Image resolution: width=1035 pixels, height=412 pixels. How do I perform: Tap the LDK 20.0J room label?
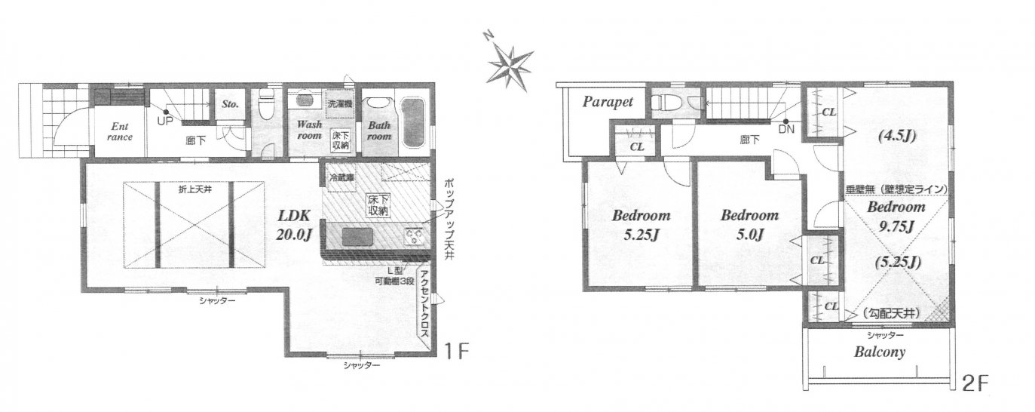pos(294,225)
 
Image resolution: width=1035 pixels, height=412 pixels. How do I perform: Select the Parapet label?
pos(607,102)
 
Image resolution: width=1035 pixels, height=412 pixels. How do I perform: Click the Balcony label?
pos(879,352)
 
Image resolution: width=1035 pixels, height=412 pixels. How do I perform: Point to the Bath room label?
pos(379,131)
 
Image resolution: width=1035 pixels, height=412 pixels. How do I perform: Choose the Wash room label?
pos(309,130)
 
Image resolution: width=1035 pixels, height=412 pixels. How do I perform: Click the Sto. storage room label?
pos(230,104)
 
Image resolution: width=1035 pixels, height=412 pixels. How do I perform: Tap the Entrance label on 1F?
pos(119,131)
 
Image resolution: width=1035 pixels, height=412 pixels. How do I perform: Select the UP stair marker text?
pos(165,122)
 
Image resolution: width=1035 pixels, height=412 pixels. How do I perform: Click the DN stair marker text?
pos(786,130)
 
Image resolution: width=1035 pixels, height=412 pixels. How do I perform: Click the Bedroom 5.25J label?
pos(641,225)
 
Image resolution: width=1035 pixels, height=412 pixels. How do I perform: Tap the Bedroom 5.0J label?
pos(749,225)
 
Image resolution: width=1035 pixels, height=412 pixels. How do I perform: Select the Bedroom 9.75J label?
pos(896,216)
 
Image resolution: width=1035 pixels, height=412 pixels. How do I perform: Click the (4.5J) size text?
pos(896,137)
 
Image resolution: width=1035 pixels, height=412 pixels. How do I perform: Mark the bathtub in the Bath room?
pos(412,122)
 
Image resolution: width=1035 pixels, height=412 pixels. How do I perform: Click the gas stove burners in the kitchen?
pos(415,238)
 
